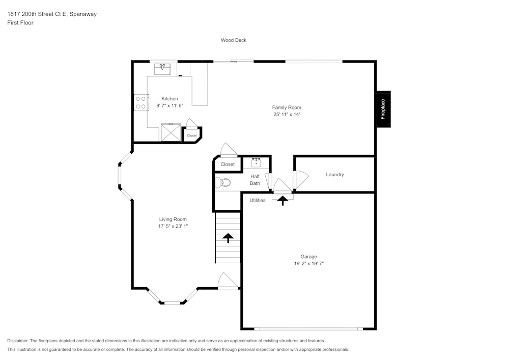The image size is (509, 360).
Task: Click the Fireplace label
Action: click(x=383, y=109)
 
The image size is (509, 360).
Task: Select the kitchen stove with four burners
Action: click(x=140, y=103)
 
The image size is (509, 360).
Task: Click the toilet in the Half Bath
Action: click(x=223, y=183)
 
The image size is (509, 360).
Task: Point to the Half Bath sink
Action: click(x=256, y=162)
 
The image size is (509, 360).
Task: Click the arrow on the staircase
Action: click(x=228, y=237)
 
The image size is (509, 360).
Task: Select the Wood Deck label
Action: click(x=234, y=40)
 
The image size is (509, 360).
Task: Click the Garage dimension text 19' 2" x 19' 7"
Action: click(x=308, y=264)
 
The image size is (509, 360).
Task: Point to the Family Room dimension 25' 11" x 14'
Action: click(x=287, y=115)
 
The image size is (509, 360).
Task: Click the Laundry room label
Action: click(x=335, y=175)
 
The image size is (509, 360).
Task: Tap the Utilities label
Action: click(x=258, y=200)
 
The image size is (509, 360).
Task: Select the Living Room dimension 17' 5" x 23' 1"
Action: click(x=173, y=226)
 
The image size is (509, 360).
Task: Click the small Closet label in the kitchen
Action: click(x=192, y=136)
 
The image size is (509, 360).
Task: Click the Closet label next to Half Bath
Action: click(x=228, y=164)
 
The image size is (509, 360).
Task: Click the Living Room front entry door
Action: click(x=228, y=282)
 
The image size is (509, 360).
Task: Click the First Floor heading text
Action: click(x=20, y=23)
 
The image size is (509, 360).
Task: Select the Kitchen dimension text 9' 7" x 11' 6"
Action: click(x=170, y=105)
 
